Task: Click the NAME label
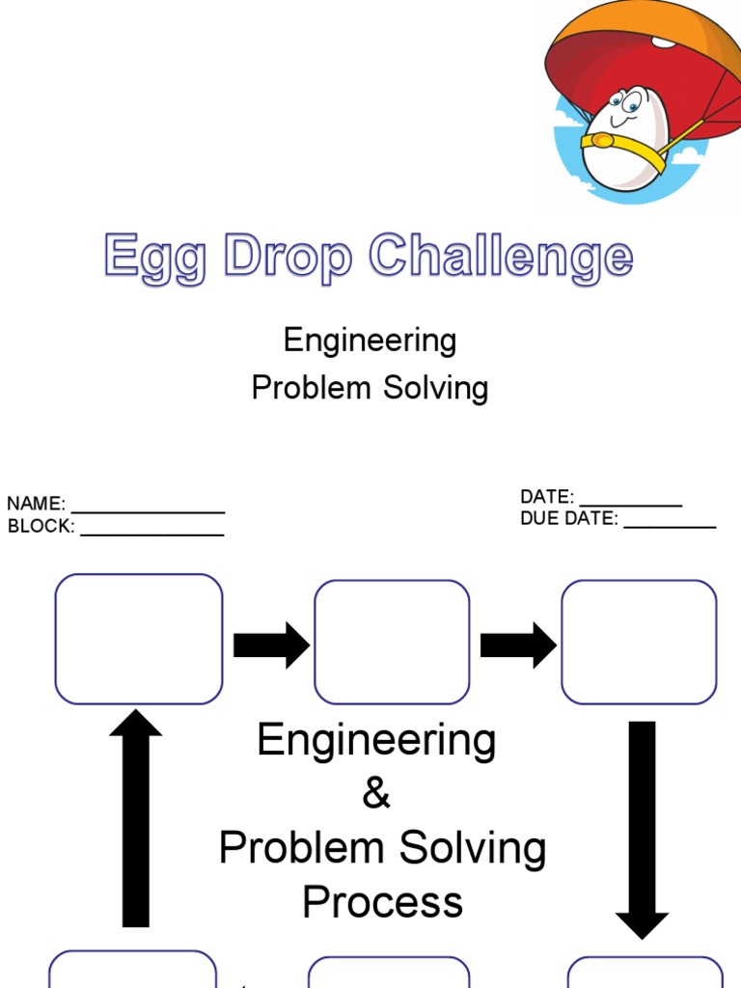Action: click(36, 504)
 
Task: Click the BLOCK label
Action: click(41, 527)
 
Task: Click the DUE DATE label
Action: click(568, 519)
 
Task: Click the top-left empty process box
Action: click(139, 639)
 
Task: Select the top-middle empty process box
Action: click(392, 642)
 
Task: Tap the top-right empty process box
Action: click(639, 642)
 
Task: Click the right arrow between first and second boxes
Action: click(270, 645)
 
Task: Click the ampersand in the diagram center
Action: click(376, 795)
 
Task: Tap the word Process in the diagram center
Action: click(382, 903)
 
